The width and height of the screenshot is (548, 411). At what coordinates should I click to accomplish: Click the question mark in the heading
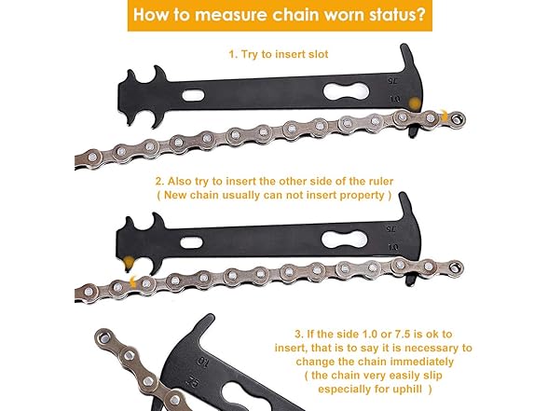point(421,15)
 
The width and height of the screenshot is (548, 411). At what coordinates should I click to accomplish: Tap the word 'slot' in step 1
point(319,54)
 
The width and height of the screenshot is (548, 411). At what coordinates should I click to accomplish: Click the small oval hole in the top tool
point(193,95)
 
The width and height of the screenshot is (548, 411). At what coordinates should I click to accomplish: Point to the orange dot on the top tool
point(415,103)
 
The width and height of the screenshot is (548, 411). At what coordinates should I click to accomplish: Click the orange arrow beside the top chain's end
point(444,116)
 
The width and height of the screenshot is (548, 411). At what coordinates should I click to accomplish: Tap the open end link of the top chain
point(456,119)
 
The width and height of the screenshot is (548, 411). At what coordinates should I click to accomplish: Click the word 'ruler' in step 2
point(381,182)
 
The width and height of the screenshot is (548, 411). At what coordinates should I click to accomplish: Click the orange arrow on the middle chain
point(133,281)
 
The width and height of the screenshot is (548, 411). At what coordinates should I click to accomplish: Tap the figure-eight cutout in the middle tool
point(344,240)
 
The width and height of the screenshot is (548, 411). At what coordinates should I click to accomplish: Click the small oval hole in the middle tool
point(191,242)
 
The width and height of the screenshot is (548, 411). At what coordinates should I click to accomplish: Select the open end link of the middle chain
point(455,267)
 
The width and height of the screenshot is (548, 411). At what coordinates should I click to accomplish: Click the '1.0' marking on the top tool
point(394,99)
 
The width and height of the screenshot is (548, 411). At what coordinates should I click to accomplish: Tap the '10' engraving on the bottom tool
point(202,361)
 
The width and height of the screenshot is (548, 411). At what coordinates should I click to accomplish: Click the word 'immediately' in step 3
point(422,362)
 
